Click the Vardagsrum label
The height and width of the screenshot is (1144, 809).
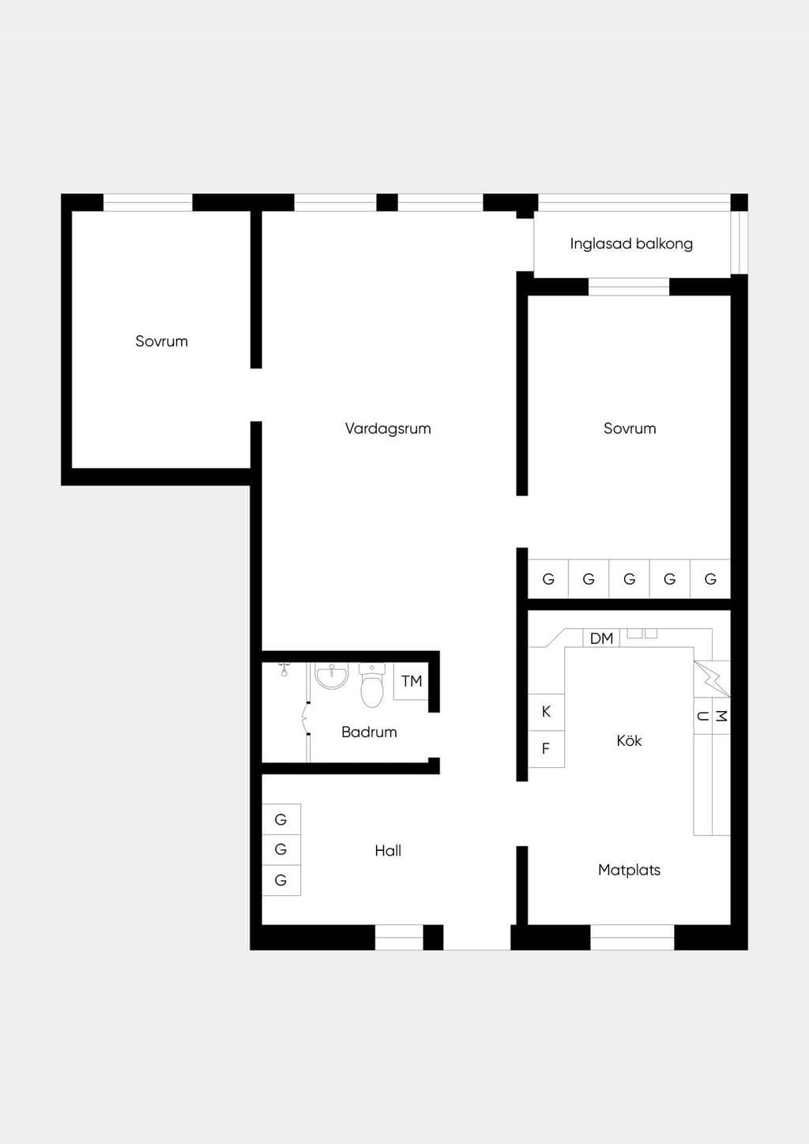pyautogui.click(x=388, y=428)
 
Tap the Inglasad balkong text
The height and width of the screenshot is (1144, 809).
pyautogui.click(x=631, y=244)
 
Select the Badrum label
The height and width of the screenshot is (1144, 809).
pyautogui.click(x=369, y=732)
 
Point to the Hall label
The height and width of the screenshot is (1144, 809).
pyautogui.click(x=388, y=851)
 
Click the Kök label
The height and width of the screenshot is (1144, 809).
pyautogui.click(x=629, y=740)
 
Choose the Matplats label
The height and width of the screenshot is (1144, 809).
pyautogui.click(x=629, y=871)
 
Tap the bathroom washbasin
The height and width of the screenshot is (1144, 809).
pyautogui.click(x=332, y=675)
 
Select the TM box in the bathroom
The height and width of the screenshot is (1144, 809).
pyautogui.click(x=411, y=681)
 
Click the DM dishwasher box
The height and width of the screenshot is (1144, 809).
pyautogui.click(x=601, y=638)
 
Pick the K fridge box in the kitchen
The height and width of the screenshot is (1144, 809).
pyautogui.click(x=546, y=712)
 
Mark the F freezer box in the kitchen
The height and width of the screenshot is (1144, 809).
pyautogui.click(x=546, y=749)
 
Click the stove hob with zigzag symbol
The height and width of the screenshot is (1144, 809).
pyautogui.click(x=712, y=679)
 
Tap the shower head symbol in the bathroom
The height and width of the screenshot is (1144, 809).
pyautogui.click(x=284, y=669)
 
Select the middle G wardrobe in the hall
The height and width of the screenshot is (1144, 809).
pyautogui.click(x=281, y=850)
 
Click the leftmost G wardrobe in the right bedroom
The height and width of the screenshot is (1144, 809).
pyautogui.click(x=548, y=579)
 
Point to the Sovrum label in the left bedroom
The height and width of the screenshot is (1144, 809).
pyautogui.click(x=161, y=341)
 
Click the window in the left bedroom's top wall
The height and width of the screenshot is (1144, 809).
pyautogui.click(x=148, y=203)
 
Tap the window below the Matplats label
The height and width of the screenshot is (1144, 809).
pyautogui.click(x=632, y=937)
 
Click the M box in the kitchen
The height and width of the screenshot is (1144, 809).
pyautogui.click(x=721, y=716)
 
